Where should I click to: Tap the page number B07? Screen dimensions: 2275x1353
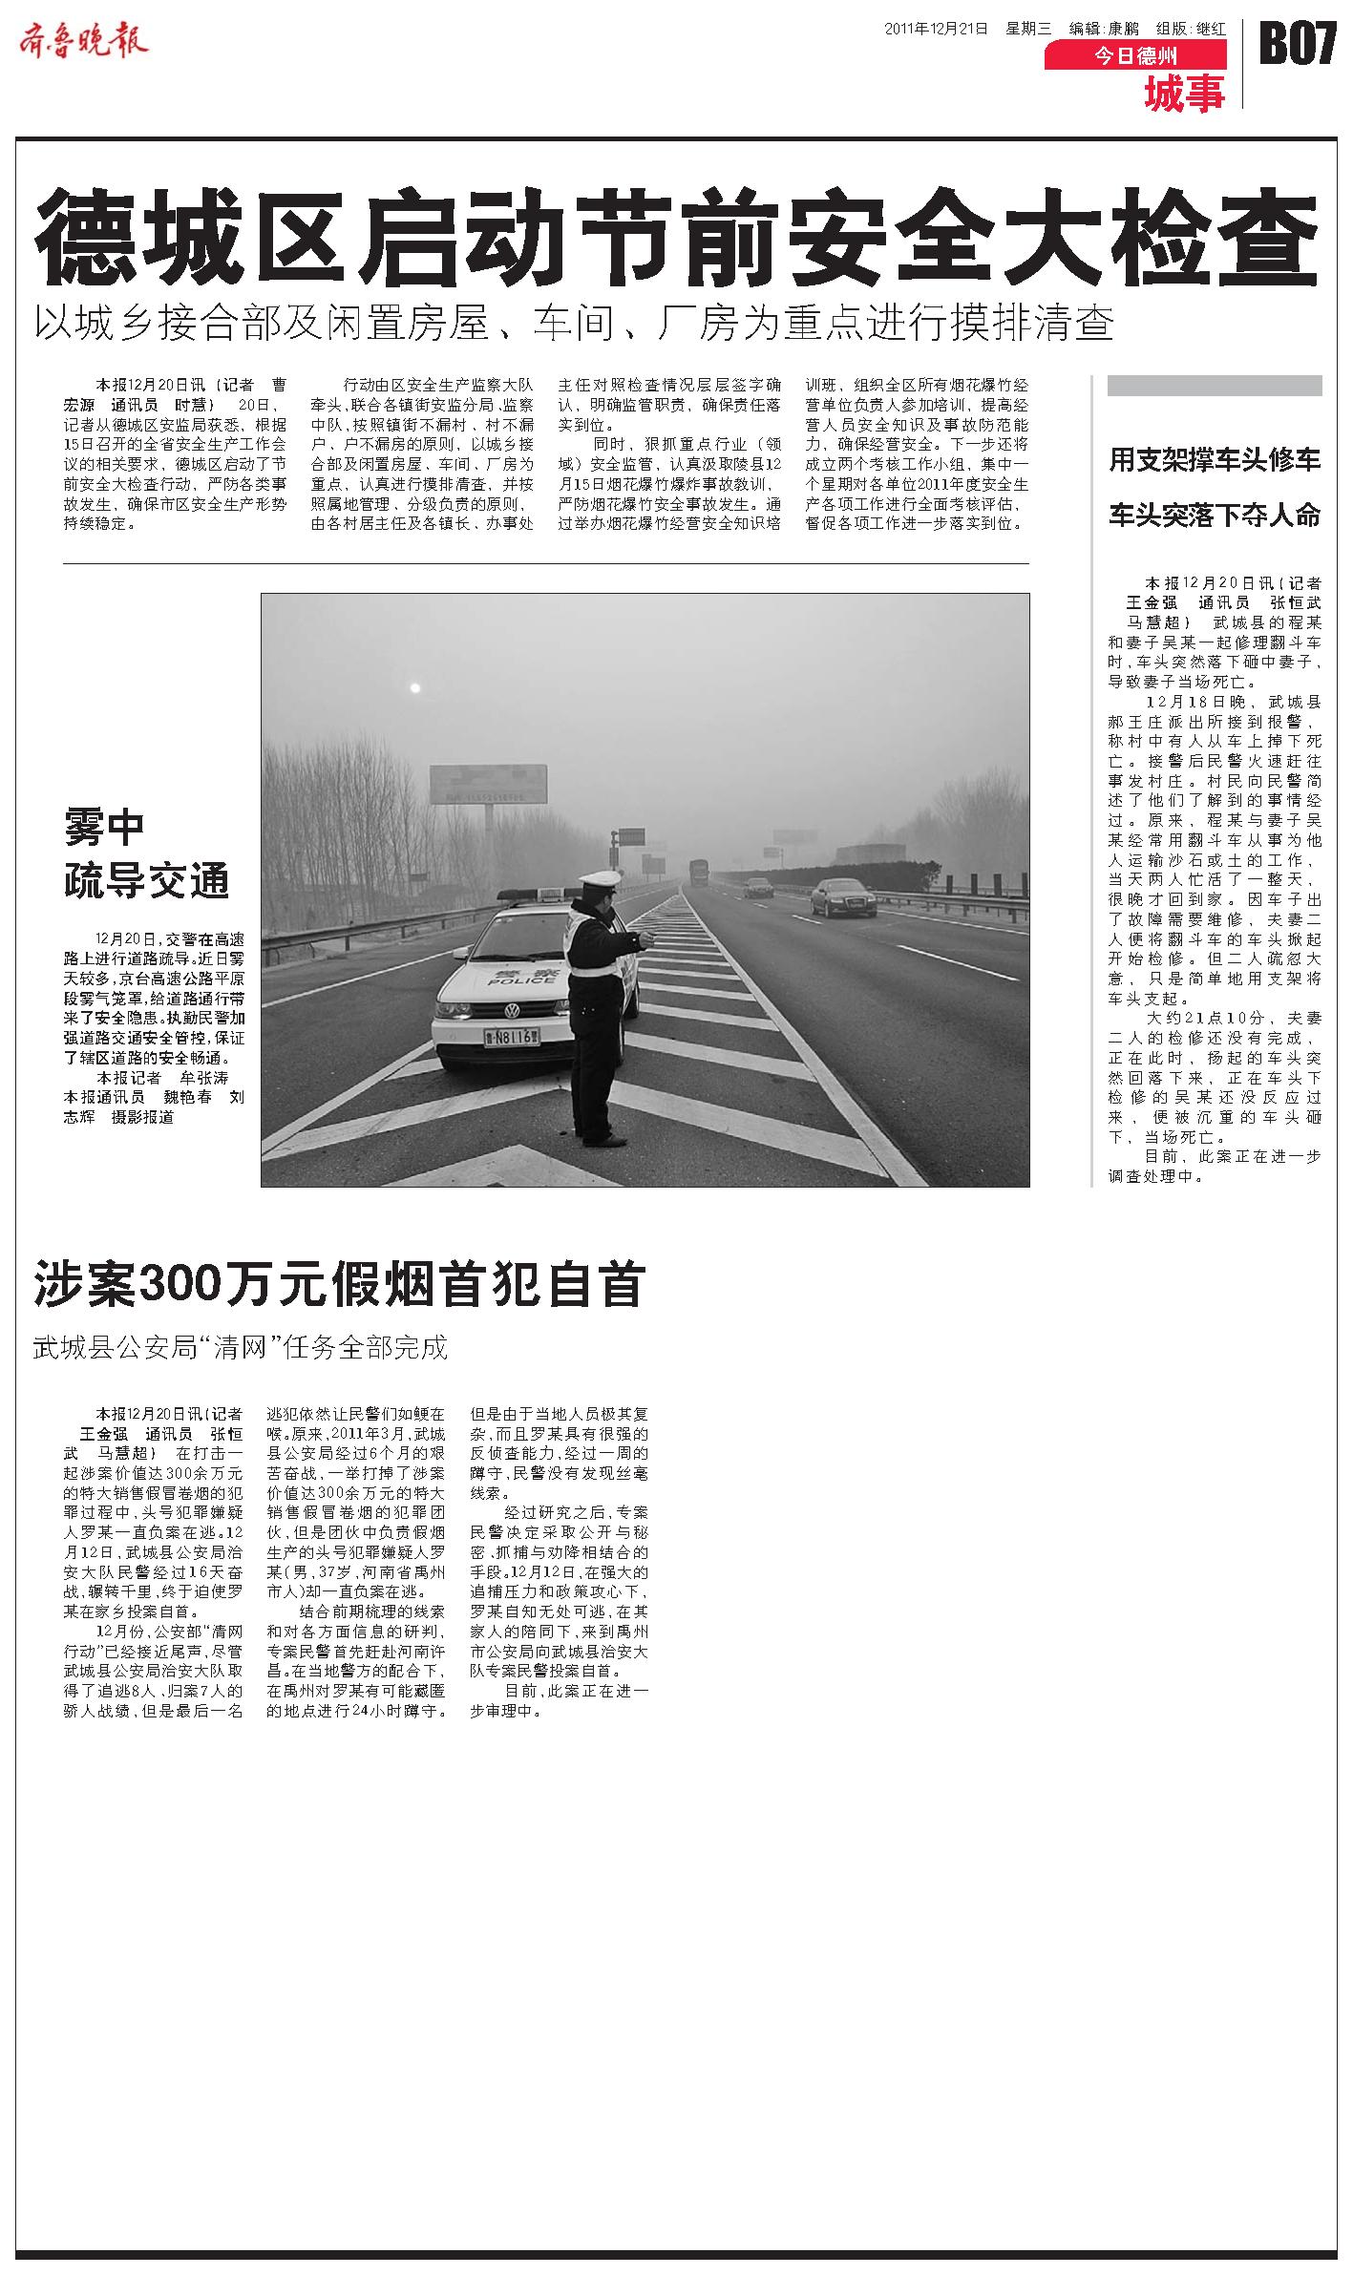point(1298,44)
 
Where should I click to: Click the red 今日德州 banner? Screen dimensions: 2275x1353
point(1134,56)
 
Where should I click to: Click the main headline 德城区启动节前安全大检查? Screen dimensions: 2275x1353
point(676,236)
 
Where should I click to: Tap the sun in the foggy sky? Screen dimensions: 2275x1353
point(414,687)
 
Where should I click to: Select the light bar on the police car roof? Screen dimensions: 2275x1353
point(541,896)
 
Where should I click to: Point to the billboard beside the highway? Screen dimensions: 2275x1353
point(488,785)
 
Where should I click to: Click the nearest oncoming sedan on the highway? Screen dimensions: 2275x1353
point(843,897)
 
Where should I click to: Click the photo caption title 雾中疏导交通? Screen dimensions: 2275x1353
point(146,853)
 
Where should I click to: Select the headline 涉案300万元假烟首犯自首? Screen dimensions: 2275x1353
point(340,1285)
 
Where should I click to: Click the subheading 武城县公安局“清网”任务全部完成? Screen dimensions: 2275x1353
point(240,1348)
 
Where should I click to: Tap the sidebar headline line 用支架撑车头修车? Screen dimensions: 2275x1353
point(1214,460)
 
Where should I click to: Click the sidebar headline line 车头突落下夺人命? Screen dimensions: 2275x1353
point(1214,516)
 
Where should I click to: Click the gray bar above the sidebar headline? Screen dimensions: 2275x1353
point(1214,386)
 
